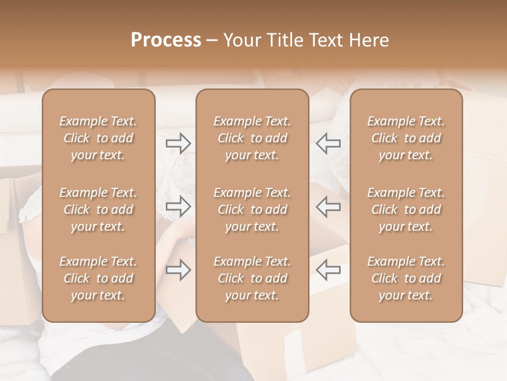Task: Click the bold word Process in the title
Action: click(166, 40)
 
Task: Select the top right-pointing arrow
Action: click(179, 143)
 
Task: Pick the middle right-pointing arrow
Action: click(179, 206)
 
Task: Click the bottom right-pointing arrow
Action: click(179, 270)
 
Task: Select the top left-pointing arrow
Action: click(328, 143)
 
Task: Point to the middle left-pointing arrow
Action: click(328, 206)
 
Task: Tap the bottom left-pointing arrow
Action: click(328, 270)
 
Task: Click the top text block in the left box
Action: click(98, 138)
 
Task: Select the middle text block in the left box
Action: click(98, 210)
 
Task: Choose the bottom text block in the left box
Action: click(98, 278)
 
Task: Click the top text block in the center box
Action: click(252, 138)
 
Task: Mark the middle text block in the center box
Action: click(252, 210)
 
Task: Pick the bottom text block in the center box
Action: click(252, 278)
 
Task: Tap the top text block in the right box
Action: click(406, 138)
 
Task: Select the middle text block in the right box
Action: click(406, 210)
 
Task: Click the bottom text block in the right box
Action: click(406, 278)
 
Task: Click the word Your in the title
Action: click(242, 40)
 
